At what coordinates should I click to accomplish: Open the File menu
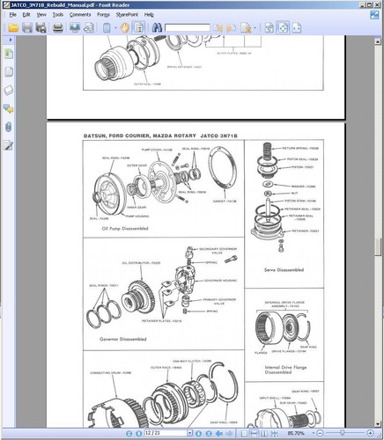coord(14,15)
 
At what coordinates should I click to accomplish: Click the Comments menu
coord(79,15)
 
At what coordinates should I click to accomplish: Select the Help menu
coord(148,15)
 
